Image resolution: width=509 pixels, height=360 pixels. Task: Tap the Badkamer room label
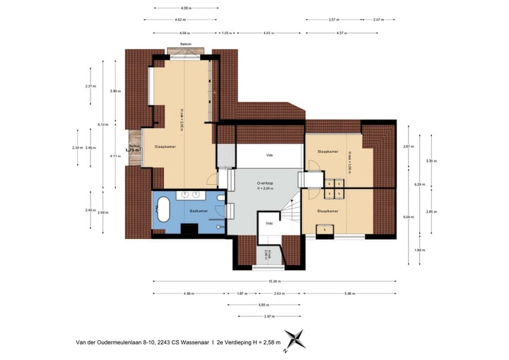[x=199, y=211]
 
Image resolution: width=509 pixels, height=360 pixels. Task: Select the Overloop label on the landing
[x=265, y=182]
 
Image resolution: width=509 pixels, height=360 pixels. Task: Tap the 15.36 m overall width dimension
[x=272, y=281]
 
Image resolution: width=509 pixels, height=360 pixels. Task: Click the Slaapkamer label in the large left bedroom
[x=165, y=146]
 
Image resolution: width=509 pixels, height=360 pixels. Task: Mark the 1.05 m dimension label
[x=227, y=33]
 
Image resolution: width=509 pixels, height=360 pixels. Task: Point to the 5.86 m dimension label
[x=349, y=293]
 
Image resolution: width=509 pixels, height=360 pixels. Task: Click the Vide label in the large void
[x=269, y=155]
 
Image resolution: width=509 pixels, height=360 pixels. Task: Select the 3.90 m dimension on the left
[x=115, y=91]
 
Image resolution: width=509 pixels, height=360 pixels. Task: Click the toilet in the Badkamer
[x=220, y=226]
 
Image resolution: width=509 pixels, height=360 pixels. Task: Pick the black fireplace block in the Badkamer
[x=189, y=228]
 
